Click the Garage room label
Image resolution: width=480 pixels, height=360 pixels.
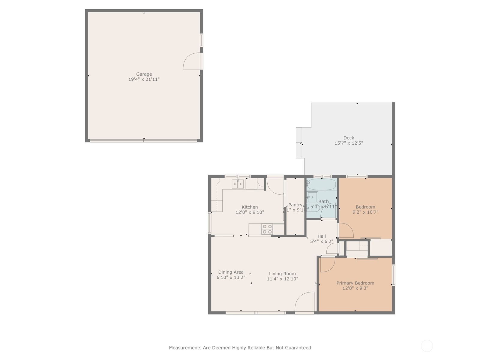pos(144,74)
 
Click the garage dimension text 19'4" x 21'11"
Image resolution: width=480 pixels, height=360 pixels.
pos(144,79)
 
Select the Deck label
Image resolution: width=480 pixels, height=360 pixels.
pos(349,138)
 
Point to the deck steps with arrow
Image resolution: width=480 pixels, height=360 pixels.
pos(299,143)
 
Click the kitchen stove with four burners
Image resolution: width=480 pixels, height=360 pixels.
pos(267,229)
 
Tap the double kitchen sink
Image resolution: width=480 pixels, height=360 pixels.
pos(238,184)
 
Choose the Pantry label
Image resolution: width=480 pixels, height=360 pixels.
pos(295,205)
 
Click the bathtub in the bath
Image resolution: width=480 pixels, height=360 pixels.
pos(321,184)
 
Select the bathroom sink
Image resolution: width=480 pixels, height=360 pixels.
pos(313,197)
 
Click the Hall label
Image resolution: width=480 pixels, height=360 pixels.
pos(322,236)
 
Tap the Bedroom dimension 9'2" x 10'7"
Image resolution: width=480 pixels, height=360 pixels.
pos(365,212)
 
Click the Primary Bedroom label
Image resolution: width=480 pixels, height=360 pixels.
pos(355,283)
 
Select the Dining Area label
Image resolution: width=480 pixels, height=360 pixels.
pos(231,272)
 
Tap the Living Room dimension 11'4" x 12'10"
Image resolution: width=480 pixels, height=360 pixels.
pos(282,279)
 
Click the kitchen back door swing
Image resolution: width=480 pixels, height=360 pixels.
pos(274,187)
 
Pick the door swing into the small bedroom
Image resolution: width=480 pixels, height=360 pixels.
pos(346,230)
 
